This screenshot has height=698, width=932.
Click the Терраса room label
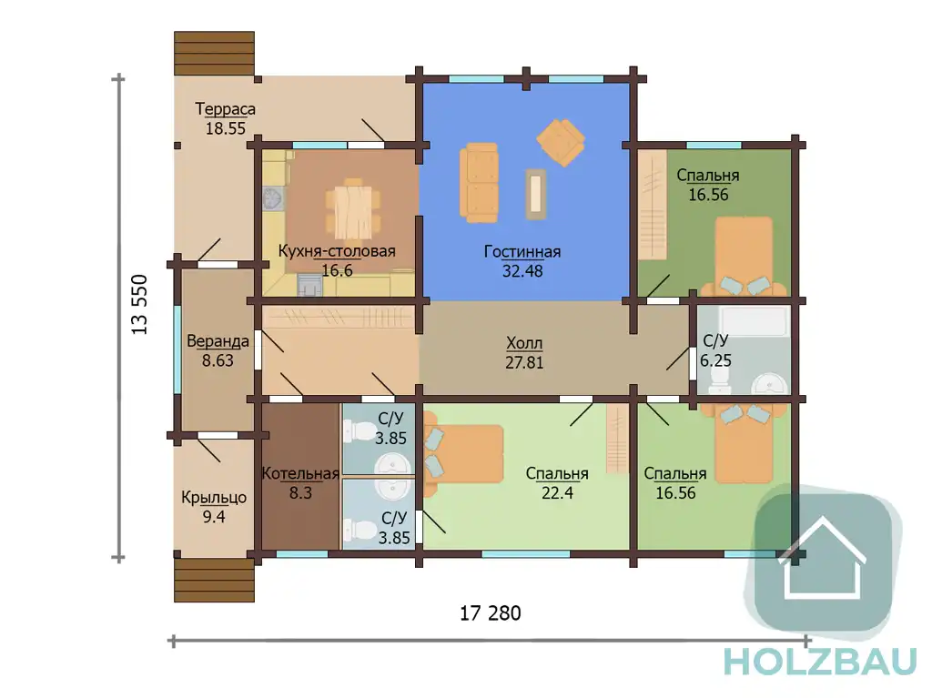click(226, 109)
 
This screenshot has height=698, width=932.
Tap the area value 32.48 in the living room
click(522, 271)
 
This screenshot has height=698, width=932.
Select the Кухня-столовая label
click(337, 251)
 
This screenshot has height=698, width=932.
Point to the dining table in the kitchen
click(353, 211)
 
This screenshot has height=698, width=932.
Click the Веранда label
click(218, 341)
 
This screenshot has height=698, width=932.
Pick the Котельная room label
click(300, 474)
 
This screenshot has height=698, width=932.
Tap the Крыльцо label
click(214, 498)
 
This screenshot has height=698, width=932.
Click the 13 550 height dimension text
click(139, 305)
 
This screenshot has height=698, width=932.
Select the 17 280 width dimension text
click(491, 613)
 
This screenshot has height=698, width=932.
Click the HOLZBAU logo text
click(820, 662)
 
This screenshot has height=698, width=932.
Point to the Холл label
click(524, 343)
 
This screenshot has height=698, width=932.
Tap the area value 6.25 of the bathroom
click(715, 360)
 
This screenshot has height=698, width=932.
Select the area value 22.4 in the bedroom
click(558, 492)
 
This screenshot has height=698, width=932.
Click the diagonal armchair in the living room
click(561, 142)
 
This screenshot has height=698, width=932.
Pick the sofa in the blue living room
click(479, 183)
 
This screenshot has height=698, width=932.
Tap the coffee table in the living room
click(535, 195)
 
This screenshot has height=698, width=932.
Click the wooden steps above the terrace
click(215, 54)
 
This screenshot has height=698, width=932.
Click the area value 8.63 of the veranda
click(218, 360)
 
